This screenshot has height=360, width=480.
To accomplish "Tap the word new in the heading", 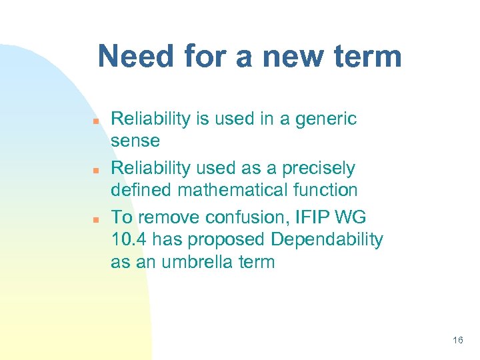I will (x=289, y=57).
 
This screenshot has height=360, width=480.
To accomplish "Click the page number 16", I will (x=457, y=340).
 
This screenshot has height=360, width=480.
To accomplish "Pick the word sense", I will (x=135, y=141).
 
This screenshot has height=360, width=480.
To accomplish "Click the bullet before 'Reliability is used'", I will (x=96, y=121).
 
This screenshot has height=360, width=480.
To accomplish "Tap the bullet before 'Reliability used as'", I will (x=96, y=170).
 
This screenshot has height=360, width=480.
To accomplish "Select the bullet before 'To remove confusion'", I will (x=96, y=219).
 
